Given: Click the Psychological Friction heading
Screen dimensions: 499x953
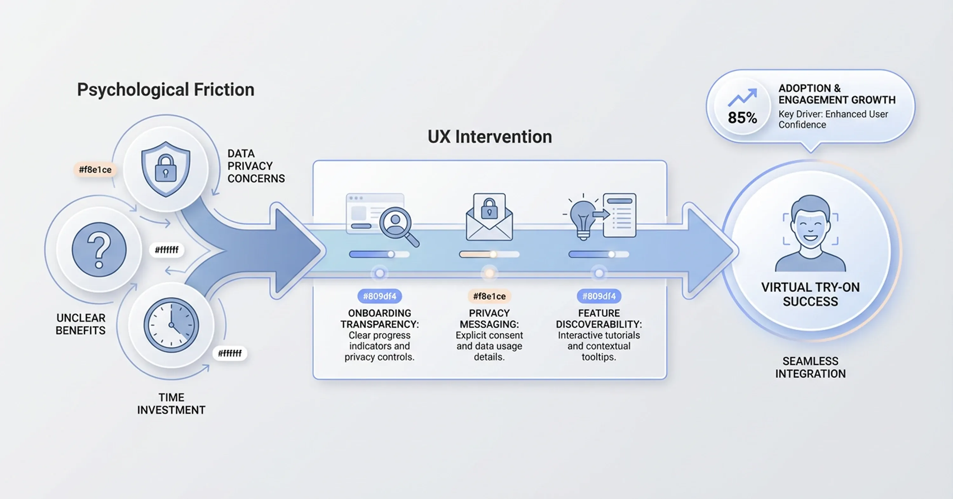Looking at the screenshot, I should (166, 90).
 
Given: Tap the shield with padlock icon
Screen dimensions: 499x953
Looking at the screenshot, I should (166, 169).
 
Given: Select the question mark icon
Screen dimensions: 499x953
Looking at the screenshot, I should (99, 249).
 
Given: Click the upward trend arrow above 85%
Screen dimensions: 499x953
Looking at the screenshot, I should (742, 97).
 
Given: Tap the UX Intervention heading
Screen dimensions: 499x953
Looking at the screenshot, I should (490, 137).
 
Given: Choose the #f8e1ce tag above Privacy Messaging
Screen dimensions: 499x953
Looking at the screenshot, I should (489, 296).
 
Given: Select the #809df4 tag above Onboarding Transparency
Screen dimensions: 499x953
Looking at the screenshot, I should (380, 296).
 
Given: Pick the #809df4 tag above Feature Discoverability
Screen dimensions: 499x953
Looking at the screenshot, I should (598, 296).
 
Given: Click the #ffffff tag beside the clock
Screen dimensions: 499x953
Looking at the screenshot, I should (229, 353).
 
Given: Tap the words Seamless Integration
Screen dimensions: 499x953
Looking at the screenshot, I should (810, 367).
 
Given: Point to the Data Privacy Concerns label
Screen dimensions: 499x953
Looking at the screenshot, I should (256, 166).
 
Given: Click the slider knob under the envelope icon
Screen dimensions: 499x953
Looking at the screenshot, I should (493, 254).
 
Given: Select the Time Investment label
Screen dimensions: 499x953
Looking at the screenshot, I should (171, 404).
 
